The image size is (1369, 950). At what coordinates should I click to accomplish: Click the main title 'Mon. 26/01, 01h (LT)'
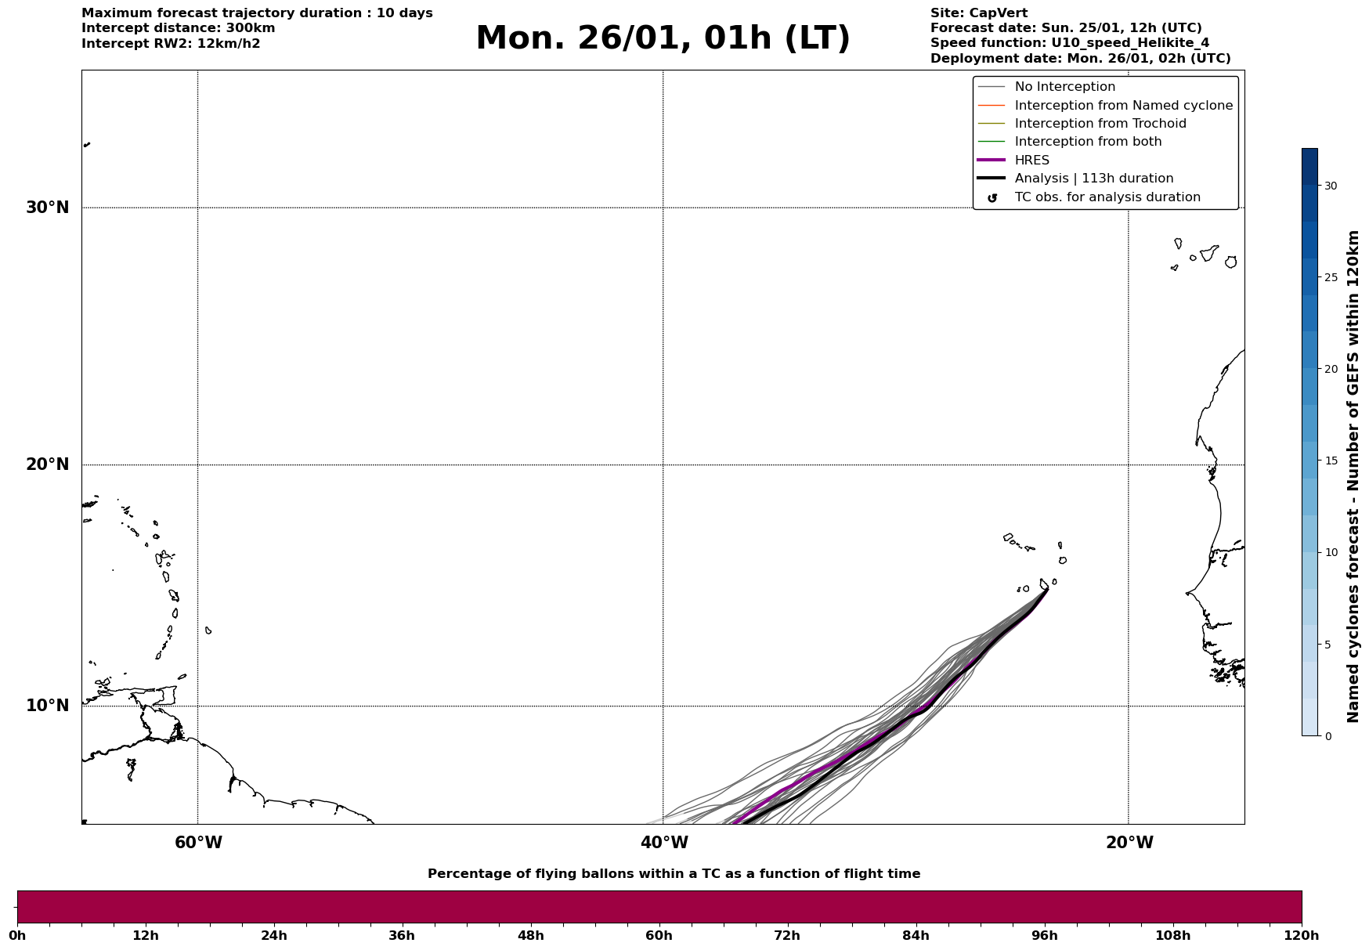click(x=663, y=38)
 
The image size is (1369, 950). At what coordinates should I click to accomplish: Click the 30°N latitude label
click(x=48, y=208)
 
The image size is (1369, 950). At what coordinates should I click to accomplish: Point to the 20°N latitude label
click(x=48, y=464)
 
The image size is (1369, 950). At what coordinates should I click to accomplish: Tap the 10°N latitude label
click(x=48, y=706)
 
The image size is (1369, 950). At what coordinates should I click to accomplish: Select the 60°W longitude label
click(x=198, y=843)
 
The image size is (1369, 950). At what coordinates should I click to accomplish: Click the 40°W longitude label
click(x=664, y=843)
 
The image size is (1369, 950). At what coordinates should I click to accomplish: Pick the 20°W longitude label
click(x=1129, y=843)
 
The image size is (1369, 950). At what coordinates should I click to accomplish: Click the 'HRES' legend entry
click(x=1031, y=161)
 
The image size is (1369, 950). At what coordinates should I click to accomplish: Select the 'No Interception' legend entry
click(x=1064, y=87)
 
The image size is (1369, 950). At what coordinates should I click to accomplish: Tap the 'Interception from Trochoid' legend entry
click(x=1100, y=124)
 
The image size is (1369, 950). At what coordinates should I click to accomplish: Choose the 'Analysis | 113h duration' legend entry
click(x=1093, y=179)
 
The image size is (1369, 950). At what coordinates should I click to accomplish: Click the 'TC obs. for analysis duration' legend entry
click(x=1107, y=197)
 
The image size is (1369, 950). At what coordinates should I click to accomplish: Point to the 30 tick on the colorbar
click(x=1331, y=186)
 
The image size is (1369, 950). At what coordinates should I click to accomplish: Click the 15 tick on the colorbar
click(x=1331, y=461)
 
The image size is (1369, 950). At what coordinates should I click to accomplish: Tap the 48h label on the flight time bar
click(x=530, y=936)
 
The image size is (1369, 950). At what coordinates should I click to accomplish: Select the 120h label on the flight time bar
click(x=1302, y=936)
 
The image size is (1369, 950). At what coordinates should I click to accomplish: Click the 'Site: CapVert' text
click(x=978, y=13)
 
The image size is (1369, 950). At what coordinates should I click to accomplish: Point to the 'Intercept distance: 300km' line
click(x=179, y=28)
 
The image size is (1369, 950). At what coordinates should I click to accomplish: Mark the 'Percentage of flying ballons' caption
click(x=674, y=874)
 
